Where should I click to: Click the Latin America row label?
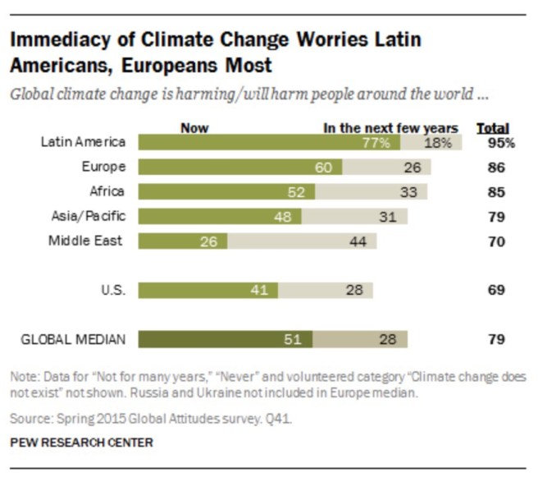click(83, 142)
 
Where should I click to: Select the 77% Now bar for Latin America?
click(269, 142)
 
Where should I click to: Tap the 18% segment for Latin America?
click(431, 142)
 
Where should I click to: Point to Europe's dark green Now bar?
click(240, 168)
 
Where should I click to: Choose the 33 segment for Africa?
click(372, 192)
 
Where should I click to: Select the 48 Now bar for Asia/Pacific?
click(220, 217)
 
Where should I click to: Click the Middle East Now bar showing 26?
click(183, 241)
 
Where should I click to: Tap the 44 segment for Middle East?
click(302, 241)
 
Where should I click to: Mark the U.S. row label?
click(112, 290)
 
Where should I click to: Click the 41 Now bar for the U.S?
click(208, 290)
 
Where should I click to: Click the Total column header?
click(492, 128)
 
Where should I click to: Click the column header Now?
click(194, 128)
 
